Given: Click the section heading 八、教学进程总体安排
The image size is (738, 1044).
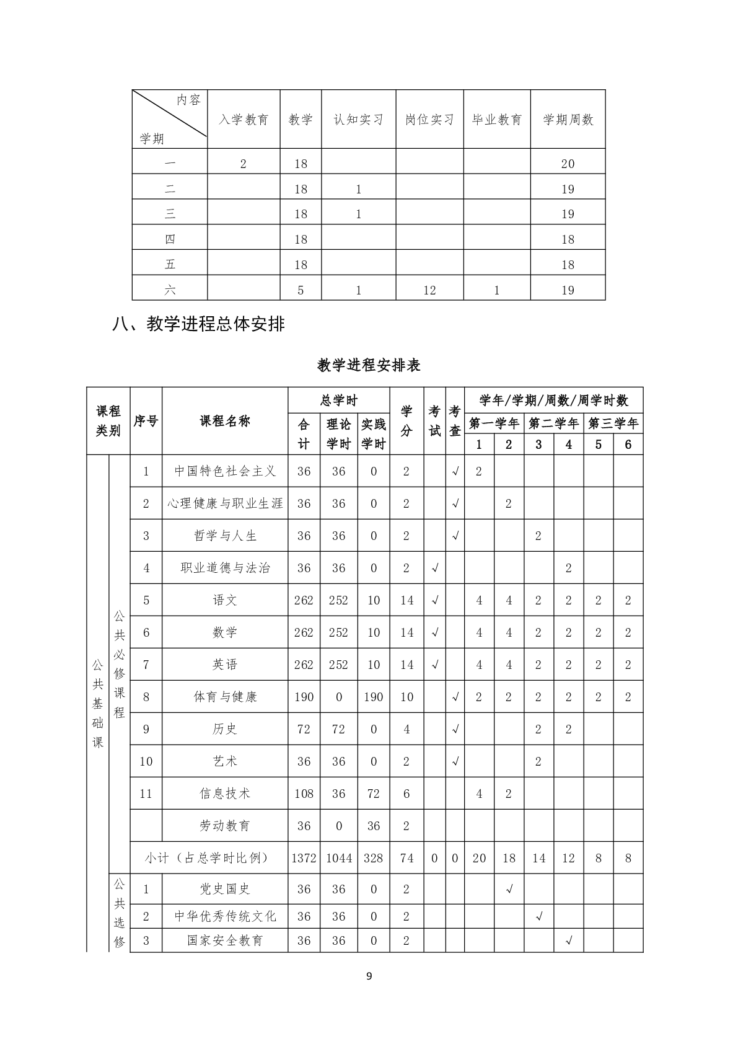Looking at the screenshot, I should pos(198,324).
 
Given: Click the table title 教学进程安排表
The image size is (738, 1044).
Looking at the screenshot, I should pos(369,365).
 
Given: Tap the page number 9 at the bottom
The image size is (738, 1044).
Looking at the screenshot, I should pos(369,976).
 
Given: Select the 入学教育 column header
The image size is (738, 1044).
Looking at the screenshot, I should pos(244,120).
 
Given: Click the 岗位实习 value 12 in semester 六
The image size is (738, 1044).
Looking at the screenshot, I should pos(429,290).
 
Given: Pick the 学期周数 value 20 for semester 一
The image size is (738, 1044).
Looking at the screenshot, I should pos(568,164).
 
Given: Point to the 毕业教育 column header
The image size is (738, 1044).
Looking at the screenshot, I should pos(497,120).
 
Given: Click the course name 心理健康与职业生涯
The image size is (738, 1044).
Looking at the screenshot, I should pos(225,503).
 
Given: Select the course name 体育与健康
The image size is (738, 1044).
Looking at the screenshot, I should pos(225,697).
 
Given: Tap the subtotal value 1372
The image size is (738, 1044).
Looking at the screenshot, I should pos(304,858).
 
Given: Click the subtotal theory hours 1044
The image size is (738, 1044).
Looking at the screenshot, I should pos(338,858).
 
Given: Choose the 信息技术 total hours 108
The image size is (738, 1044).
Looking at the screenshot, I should pos(304,794).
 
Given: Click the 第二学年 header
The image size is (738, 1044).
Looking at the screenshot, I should pos(553,423).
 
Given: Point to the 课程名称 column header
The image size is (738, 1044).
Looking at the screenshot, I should pos(225,421).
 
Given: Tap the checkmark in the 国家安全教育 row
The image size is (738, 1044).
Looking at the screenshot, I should pos(568,941).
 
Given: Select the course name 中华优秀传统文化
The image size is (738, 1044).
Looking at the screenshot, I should pos(225,916).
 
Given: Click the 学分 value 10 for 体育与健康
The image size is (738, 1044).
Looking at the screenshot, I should pos(406,697).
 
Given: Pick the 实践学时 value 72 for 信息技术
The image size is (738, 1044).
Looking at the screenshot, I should pos(373,794).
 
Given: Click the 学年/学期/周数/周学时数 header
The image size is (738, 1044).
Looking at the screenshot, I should pos(553,400).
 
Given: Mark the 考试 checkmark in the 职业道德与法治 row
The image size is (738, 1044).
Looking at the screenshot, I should pos(435,568).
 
